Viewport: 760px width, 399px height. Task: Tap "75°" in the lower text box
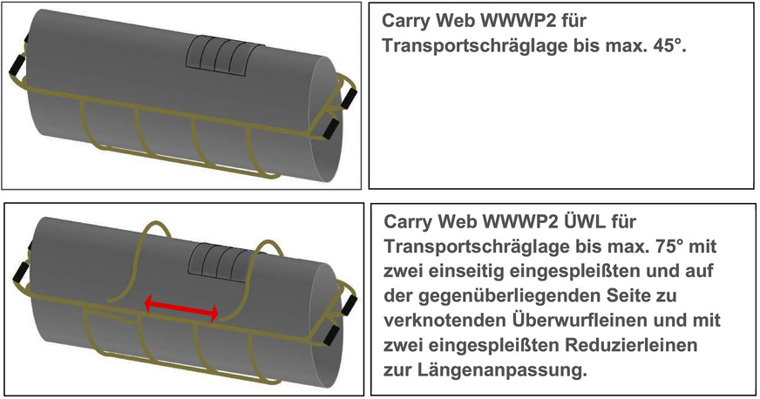click(x=667, y=246)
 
